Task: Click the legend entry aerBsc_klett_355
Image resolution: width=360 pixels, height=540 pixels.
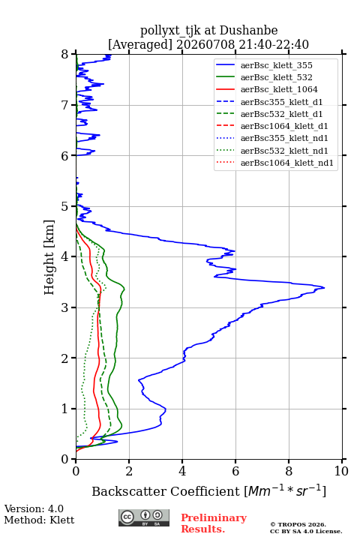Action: (276, 65)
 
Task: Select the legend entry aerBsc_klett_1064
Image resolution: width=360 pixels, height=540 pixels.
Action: (279, 89)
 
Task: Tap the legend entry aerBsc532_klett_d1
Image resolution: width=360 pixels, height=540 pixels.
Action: (281, 114)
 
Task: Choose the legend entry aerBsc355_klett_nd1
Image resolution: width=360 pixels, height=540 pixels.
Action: (284, 138)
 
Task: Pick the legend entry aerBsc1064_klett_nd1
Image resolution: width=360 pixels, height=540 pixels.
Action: (287, 163)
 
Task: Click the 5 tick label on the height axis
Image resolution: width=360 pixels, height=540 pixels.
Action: (65, 206)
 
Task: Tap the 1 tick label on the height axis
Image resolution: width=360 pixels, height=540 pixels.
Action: (65, 409)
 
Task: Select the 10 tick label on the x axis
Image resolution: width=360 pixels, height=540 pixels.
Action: (341, 471)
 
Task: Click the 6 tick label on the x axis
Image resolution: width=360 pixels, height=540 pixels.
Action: (235, 471)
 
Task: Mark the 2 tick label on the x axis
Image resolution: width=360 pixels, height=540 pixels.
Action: (129, 471)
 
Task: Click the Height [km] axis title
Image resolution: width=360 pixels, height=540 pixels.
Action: (49, 257)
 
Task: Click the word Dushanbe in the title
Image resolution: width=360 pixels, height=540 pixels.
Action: (249, 30)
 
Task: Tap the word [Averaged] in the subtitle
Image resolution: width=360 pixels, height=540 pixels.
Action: (140, 44)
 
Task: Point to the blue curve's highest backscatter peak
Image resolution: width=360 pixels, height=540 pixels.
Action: (324, 287)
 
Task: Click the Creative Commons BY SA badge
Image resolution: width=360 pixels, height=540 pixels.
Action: (144, 517)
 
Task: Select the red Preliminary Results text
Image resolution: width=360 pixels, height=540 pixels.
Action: (214, 523)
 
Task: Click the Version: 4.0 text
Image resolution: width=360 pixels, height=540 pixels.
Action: (34, 508)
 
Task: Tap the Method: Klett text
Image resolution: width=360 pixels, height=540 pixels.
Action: (39, 520)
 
